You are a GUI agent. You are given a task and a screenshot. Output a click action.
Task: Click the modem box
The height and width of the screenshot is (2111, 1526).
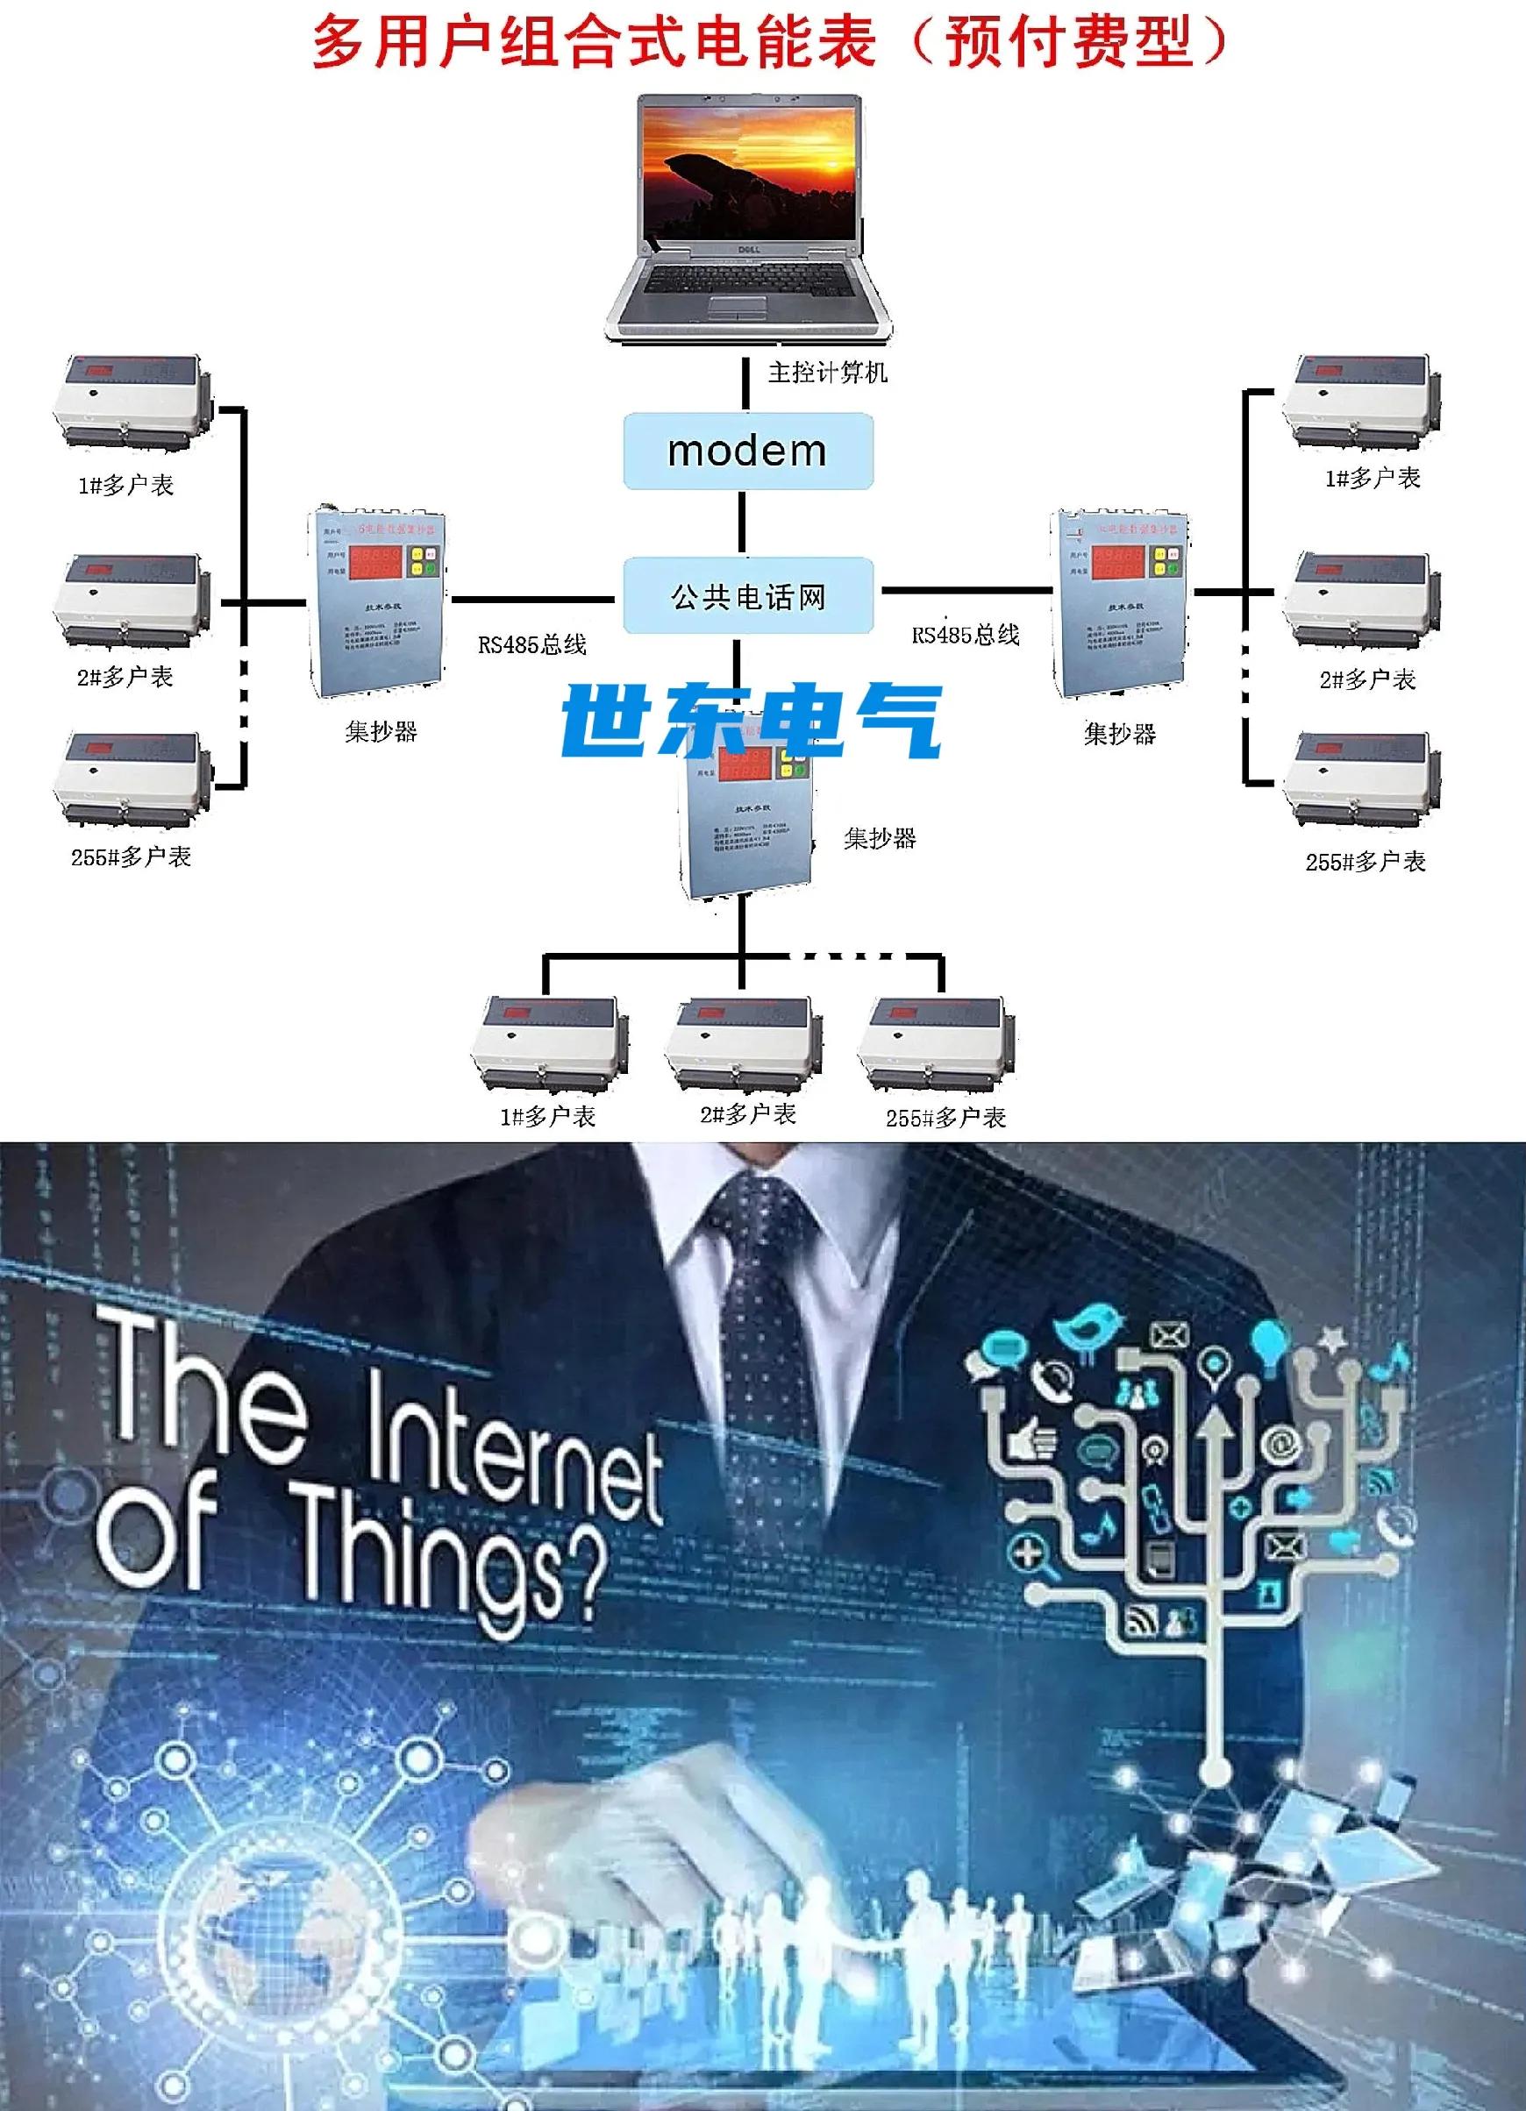747,451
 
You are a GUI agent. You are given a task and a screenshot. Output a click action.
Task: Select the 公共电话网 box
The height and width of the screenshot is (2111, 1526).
747,596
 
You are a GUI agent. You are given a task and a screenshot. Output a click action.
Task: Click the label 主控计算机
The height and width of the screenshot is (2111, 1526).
827,373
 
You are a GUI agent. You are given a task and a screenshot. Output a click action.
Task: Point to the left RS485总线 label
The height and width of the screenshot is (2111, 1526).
531,644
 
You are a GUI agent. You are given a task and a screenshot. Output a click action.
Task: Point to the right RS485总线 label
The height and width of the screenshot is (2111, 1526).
966,635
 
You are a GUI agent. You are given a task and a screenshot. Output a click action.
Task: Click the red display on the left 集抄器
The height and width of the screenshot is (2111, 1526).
375,562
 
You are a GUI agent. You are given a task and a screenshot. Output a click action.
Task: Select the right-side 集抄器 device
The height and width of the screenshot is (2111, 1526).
1119,603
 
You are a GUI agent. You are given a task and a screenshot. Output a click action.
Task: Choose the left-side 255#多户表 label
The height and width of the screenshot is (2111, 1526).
132,857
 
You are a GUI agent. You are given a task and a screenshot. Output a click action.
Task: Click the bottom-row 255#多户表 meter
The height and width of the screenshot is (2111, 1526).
936,1043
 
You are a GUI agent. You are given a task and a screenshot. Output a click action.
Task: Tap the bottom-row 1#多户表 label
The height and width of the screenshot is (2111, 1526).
547,1116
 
